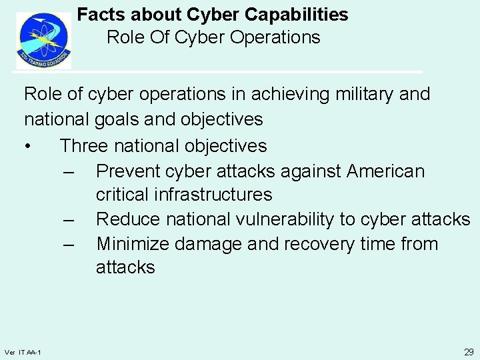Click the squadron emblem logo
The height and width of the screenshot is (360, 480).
pyautogui.click(x=43, y=41)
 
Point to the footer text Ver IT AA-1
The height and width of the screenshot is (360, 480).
pyautogui.click(x=23, y=352)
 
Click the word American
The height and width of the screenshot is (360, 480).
pyautogui.click(x=385, y=171)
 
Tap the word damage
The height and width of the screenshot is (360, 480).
pyautogui.click(x=208, y=243)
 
